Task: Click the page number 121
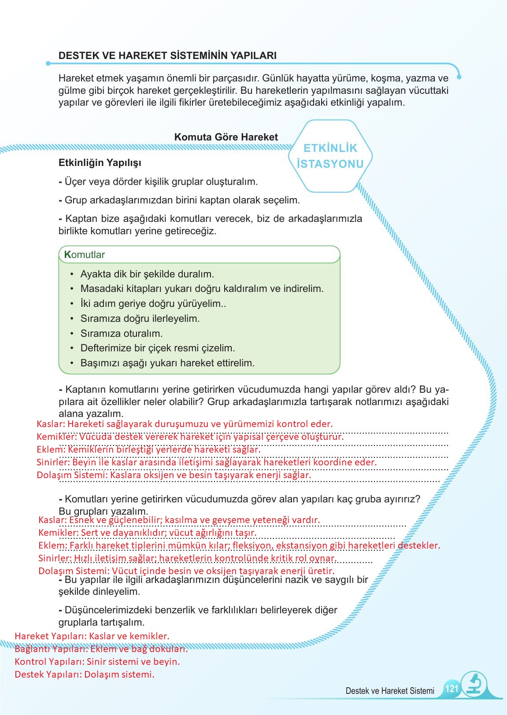pos(451,689)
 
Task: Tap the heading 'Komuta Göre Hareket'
pos(226,137)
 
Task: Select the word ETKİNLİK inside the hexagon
pos(330,148)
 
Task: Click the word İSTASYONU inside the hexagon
pos(330,164)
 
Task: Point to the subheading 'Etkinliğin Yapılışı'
pos(100,162)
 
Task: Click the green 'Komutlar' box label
pos(85,255)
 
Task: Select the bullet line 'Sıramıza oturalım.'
pos(121,333)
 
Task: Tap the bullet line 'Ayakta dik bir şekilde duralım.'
pos(147,274)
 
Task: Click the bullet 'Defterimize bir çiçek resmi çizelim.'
pos(157,348)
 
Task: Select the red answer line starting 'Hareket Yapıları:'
pos(92,636)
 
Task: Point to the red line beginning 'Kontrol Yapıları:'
pos(97,662)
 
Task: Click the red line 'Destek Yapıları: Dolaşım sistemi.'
pos(85,674)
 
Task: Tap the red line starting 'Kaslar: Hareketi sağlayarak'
pos(185,424)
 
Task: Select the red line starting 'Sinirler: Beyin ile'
pos(206,462)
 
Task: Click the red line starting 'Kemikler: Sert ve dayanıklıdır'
pos(147,533)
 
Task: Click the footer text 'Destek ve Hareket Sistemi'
pos(390,691)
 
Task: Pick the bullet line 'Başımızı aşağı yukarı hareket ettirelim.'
pos(167,363)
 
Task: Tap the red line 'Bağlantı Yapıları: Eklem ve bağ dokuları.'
pos(101,649)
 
